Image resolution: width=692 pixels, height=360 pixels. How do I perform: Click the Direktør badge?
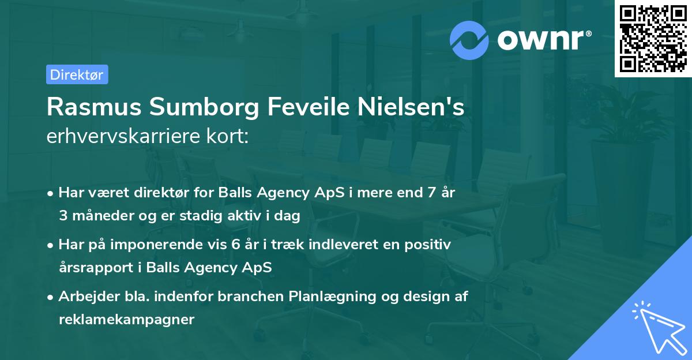pos(77,74)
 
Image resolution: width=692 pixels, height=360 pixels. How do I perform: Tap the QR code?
pos(653,39)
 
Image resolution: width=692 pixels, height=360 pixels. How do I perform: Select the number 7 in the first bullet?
pos(431,193)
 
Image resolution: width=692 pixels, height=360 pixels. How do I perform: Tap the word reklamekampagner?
pos(126,320)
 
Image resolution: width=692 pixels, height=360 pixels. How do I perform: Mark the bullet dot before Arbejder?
pos(51,297)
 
